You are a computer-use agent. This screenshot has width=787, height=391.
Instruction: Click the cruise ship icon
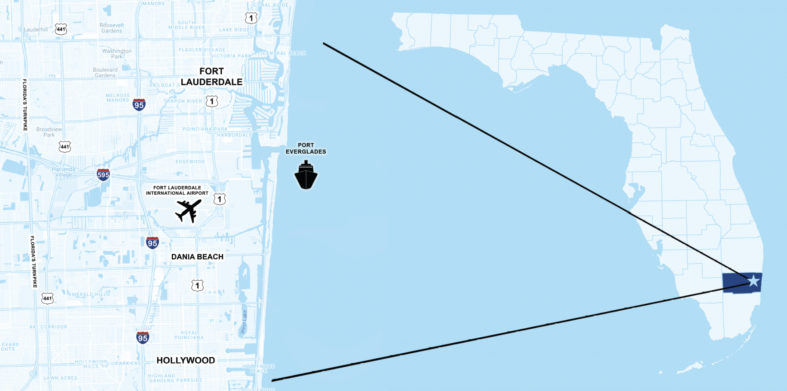(306, 175)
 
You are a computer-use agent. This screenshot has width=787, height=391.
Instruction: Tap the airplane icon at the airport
(188, 211)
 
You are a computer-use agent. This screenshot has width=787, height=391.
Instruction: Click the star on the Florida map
(753, 281)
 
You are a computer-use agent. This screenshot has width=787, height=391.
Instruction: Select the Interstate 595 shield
(103, 175)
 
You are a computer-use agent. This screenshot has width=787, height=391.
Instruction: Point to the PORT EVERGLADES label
(306, 148)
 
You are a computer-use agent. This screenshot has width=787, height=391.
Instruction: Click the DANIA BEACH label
(197, 257)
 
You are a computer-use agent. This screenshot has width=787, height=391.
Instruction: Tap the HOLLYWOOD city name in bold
(186, 360)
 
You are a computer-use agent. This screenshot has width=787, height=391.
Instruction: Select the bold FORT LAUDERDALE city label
(212, 77)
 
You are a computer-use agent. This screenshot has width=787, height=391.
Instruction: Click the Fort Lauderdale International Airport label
(177, 190)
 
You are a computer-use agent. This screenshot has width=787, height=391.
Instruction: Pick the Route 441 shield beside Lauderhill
(61, 29)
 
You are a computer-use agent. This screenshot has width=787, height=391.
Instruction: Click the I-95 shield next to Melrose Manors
(139, 105)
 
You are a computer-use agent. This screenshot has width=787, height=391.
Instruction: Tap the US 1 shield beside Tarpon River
(212, 101)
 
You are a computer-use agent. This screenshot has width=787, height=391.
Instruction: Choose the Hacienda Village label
(64, 172)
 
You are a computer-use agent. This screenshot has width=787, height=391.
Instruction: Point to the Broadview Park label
(49, 132)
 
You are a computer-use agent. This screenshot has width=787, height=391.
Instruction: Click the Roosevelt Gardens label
(111, 28)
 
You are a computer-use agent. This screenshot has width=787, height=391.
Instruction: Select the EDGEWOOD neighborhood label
(190, 161)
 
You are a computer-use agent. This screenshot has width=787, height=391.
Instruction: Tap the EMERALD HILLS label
(89, 294)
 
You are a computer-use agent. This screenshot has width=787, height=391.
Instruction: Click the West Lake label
(244, 321)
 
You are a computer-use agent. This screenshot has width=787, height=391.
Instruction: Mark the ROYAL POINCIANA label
(189, 335)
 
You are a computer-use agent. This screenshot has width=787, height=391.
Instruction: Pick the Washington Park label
(117, 54)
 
